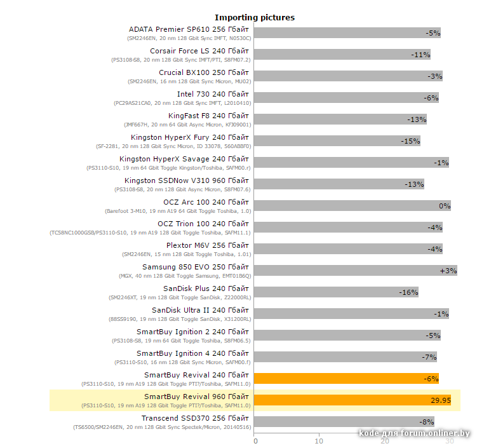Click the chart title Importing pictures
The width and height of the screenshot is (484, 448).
pyautogui.click(x=254, y=17)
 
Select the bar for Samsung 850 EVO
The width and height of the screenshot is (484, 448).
pyautogui.click(x=355, y=271)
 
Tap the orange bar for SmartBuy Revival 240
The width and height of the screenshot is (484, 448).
pyautogui.click(x=346, y=379)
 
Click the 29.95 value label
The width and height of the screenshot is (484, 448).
pyautogui.click(x=440, y=400)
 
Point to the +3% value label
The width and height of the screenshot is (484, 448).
pyautogui.click(x=448, y=271)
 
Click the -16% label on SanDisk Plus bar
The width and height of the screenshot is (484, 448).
pyautogui.click(x=408, y=292)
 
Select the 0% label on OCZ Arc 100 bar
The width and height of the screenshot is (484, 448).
pyautogui.click(x=445, y=206)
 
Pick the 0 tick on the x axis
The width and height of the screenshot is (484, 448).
pyautogui.click(x=255, y=440)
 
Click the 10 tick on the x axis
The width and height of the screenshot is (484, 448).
pyautogui.click(x=319, y=440)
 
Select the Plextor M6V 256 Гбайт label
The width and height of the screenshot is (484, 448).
pyautogui.click(x=208, y=245)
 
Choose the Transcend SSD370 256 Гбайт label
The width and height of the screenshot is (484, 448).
pyautogui.click(x=196, y=418)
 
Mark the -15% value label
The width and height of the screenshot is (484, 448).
pyautogui.click(x=410, y=141)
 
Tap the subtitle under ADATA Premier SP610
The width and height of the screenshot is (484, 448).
pyautogui.click(x=189, y=38)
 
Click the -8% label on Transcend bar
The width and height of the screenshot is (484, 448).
pyautogui.click(x=426, y=422)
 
